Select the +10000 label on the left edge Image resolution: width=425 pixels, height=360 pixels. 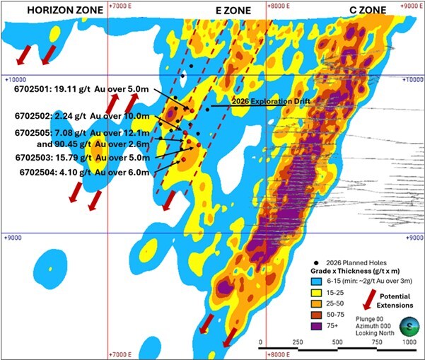point(14,80)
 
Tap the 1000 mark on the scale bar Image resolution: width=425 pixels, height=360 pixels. point(408,342)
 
